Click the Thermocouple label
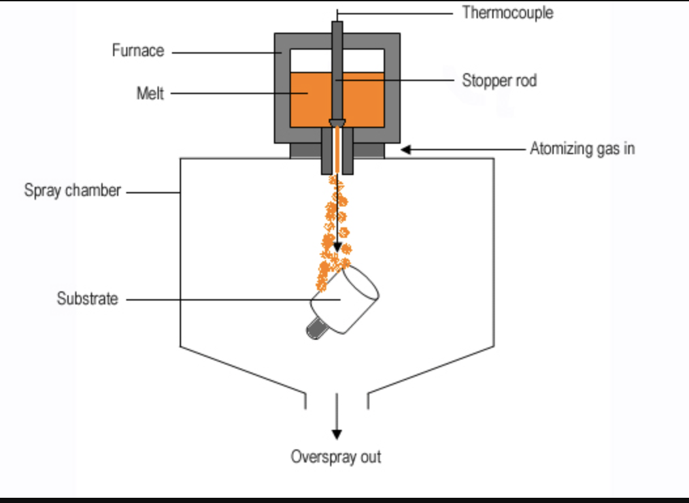(507, 12)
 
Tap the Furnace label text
(138, 51)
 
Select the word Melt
(150, 93)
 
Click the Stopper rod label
(499, 81)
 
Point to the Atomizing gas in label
(582, 149)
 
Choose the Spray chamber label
(73, 191)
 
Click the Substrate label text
(88, 299)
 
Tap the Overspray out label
(336, 457)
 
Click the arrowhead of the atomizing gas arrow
(405, 150)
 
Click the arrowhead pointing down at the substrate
(337, 247)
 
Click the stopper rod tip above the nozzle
(337, 123)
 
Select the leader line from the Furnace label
(222, 52)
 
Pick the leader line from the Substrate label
(222, 300)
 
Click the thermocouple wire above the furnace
(337, 14)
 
